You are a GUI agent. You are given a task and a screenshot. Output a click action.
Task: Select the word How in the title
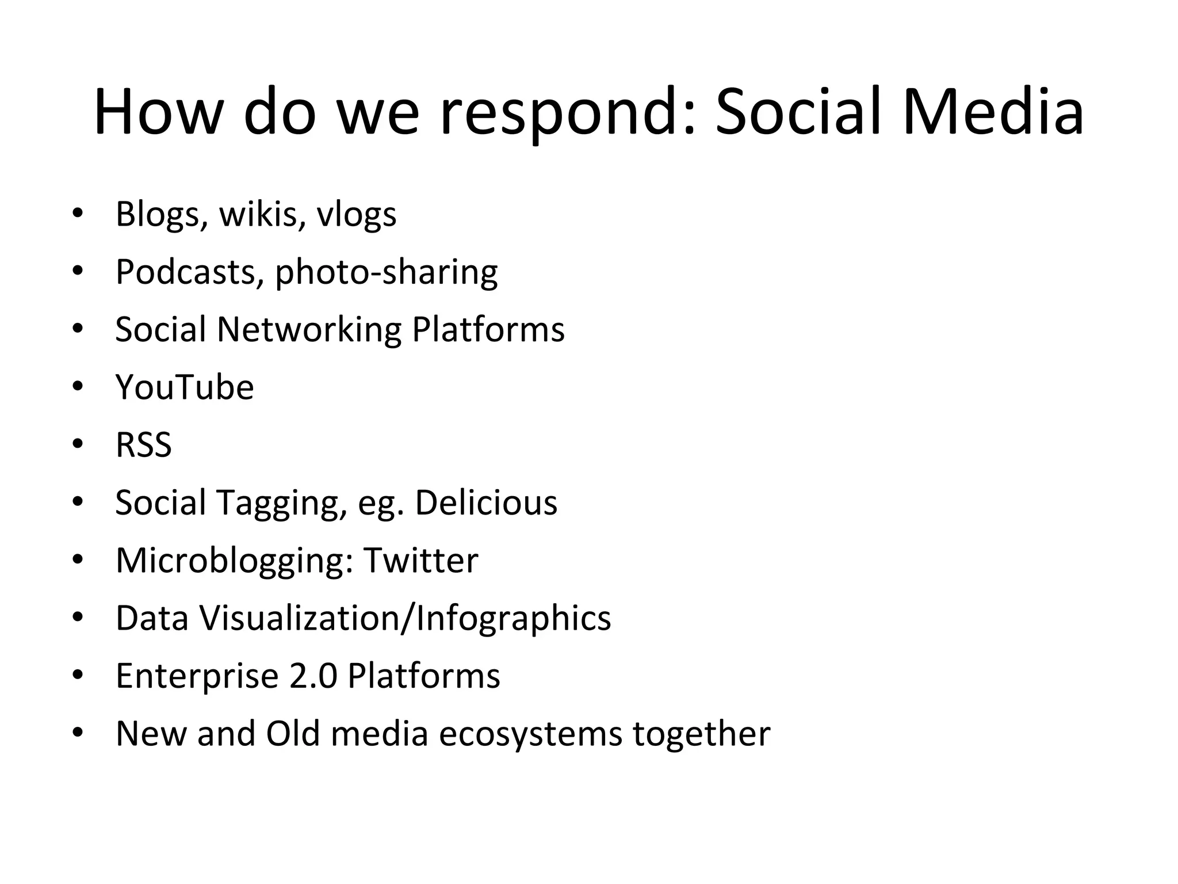pyautogui.click(x=158, y=112)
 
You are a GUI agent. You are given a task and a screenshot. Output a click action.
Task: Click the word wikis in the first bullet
pyautogui.click(x=262, y=214)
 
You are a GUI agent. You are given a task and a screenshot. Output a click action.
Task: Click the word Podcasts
pyautogui.click(x=185, y=272)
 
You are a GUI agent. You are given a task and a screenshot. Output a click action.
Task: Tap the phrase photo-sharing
pyautogui.click(x=386, y=273)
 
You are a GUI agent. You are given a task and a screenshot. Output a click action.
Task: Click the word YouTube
pyautogui.click(x=185, y=387)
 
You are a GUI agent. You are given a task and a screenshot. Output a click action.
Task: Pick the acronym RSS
pyautogui.click(x=144, y=445)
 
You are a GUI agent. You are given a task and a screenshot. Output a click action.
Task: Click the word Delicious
pyautogui.click(x=486, y=502)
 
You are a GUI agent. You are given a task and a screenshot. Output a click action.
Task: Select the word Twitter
pyautogui.click(x=420, y=560)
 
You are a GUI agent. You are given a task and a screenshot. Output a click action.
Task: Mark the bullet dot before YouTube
pyautogui.click(x=78, y=387)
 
